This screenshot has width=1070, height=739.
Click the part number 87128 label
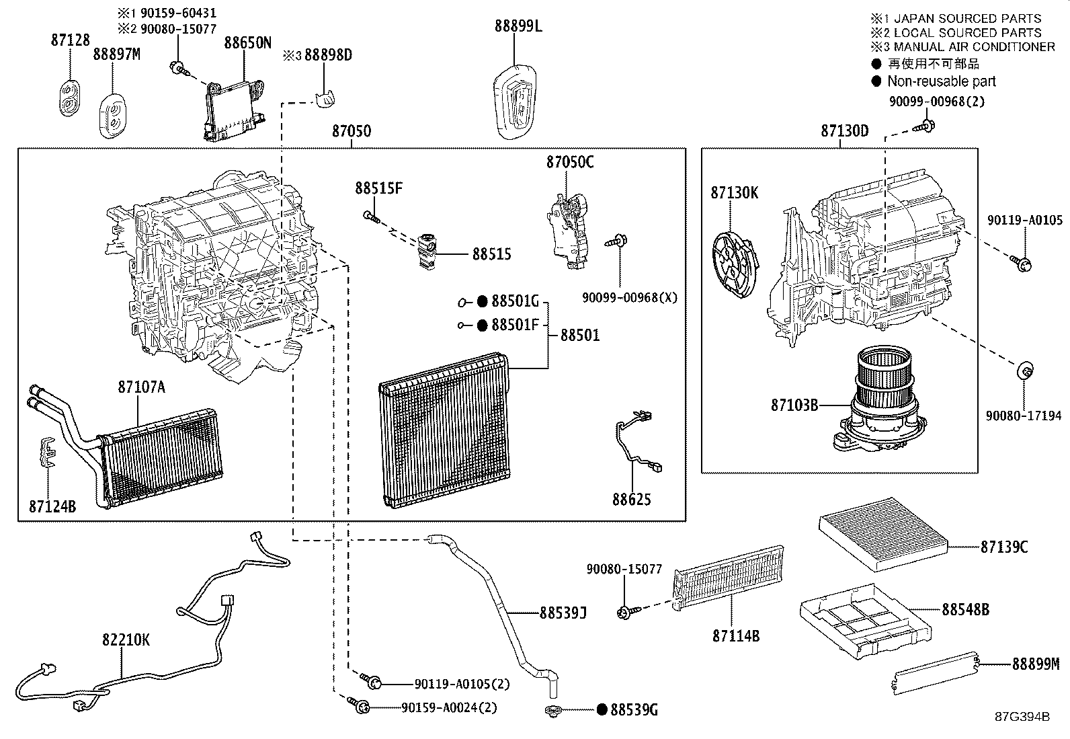70,40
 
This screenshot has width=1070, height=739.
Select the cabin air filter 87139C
882,533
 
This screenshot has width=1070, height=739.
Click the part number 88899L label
518,26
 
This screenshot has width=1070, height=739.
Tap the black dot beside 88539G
602,709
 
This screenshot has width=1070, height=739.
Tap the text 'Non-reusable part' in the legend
941,81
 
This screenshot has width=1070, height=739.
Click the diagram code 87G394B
1022,716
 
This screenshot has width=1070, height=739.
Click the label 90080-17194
1024,416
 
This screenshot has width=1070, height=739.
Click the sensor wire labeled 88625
636,444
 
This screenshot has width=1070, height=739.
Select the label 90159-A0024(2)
449,707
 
